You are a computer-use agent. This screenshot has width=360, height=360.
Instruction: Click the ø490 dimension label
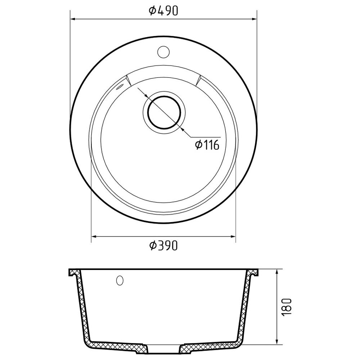[163, 11]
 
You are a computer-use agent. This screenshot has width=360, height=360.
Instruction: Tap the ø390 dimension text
[163, 246]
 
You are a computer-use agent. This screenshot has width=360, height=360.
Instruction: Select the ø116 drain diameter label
[207, 145]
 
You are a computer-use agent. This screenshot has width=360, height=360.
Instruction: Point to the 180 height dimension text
[287, 307]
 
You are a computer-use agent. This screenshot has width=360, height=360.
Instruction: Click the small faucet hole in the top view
[163, 51]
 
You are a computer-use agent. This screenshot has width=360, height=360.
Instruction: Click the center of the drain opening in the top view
[164, 113]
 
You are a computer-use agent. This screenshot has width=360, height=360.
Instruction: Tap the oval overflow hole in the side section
[120, 280]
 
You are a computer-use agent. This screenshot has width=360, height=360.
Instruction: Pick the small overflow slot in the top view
[120, 87]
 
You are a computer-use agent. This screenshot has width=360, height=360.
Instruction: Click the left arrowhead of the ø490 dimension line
[73, 19]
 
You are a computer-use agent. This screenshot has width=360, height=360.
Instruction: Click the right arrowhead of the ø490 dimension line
[254, 19]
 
